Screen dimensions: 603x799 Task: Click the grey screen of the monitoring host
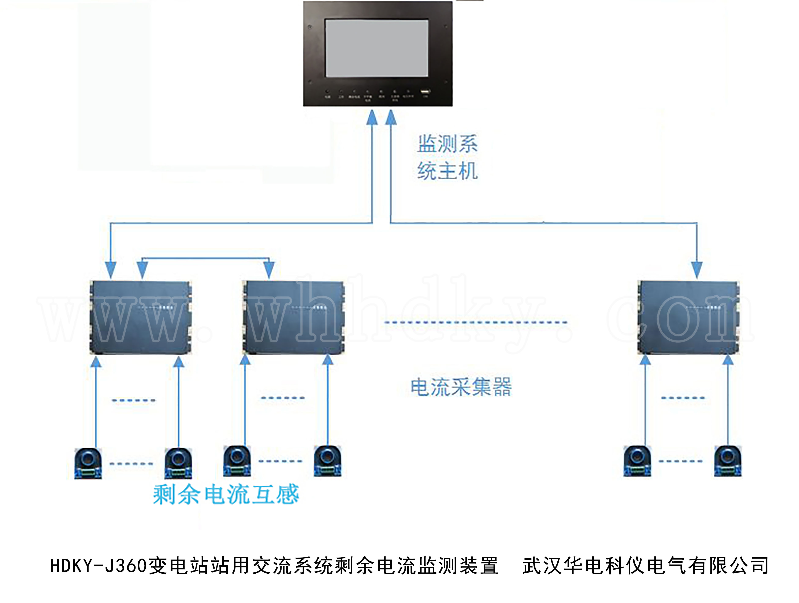coord(376,48)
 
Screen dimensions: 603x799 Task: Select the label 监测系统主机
coord(447,157)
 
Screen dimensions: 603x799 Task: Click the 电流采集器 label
coord(461,387)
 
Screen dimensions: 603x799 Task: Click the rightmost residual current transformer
coord(728,462)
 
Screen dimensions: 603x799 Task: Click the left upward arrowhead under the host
coord(372,118)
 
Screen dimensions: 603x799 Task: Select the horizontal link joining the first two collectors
coord(206,258)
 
